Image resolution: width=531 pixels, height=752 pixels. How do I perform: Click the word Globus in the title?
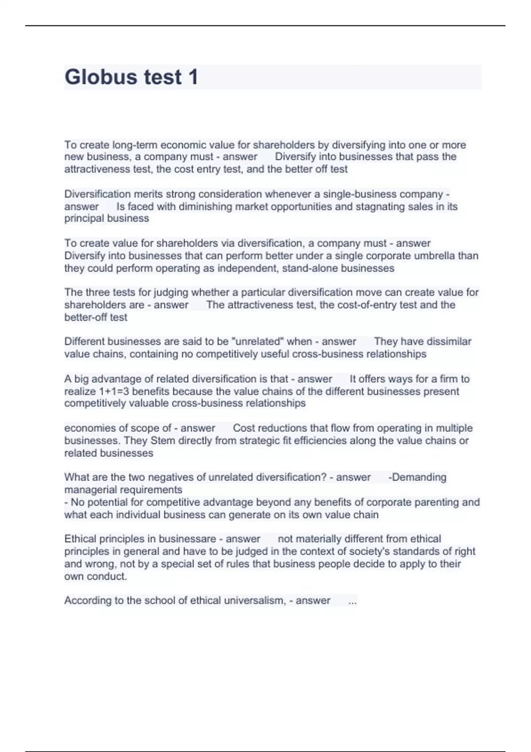[x=100, y=77]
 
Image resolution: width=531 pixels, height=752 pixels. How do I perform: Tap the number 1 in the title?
[x=193, y=77]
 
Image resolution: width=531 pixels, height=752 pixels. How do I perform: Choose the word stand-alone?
[x=310, y=268]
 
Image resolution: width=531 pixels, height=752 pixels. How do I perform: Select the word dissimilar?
[x=446, y=341]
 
